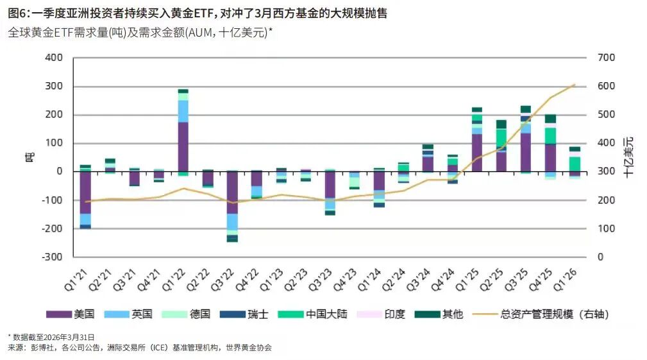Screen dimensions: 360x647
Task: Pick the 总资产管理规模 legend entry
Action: pyautogui.click(x=540, y=314)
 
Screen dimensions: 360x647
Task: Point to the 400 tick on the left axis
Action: pyautogui.click(x=54, y=58)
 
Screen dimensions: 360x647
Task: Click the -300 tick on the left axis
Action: pyautogui.click(x=52, y=257)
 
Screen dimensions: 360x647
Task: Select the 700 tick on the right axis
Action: pyautogui.click(x=606, y=58)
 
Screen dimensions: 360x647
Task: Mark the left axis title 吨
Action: pyautogui.click(x=28, y=157)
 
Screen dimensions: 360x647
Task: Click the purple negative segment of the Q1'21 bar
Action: pyautogui.click(x=85, y=192)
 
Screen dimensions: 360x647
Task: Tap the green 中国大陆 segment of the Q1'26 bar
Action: pyautogui.click(x=575, y=164)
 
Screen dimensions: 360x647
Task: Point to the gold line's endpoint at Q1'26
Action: pyautogui.click(x=575, y=85)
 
